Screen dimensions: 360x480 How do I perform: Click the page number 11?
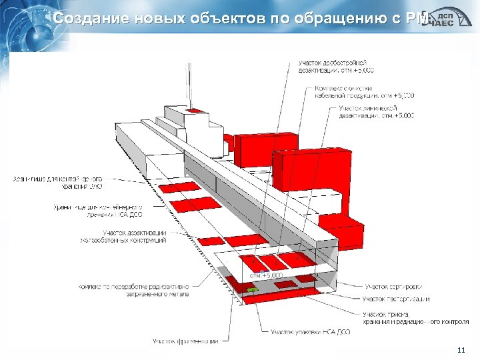click(461, 351)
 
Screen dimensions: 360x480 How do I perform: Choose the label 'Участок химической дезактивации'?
click(376, 111)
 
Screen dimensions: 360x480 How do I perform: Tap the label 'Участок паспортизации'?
click(396, 299)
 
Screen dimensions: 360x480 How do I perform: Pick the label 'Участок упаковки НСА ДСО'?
click(310, 331)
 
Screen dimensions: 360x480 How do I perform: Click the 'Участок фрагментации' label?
click(185, 341)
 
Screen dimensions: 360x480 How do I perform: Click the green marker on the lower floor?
click(252, 290)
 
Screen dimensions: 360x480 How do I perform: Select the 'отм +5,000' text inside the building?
click(266, 275)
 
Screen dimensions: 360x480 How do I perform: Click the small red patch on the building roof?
click(195, 111)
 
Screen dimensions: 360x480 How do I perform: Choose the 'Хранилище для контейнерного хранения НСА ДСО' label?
click(107, 210)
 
